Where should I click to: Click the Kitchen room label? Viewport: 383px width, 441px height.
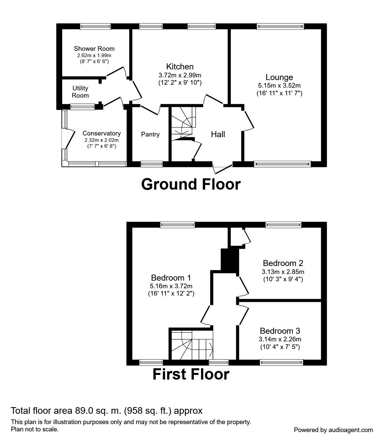[x=180, y=67]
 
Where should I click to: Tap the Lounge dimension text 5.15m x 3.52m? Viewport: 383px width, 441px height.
[x=279, y=86]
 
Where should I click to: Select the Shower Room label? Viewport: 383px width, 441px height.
[x=94, y=48]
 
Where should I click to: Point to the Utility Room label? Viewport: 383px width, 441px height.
[x=80, y=92]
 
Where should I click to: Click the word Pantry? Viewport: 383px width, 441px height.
[x=150, y=134]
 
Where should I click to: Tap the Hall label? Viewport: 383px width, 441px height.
[x=218, y=134]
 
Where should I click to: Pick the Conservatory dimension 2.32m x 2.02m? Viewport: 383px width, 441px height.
[x=101, y=140]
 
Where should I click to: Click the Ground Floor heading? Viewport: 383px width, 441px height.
[x=191, y=184]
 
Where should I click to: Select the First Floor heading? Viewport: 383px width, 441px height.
[x=191, y=374]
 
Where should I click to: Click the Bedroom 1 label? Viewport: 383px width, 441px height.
[x=171, y=278]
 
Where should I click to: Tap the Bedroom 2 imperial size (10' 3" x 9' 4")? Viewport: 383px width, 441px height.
[x=283, y=279]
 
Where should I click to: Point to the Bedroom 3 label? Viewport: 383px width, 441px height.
[x=280, y=331]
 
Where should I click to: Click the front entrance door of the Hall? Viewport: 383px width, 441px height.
[x=222, y=169]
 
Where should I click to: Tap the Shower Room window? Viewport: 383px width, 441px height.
[x=96, y=27]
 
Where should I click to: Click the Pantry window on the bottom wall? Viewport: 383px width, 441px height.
[x=152, y=164]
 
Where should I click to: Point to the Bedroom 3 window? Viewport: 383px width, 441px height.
[x=282, y=362]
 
